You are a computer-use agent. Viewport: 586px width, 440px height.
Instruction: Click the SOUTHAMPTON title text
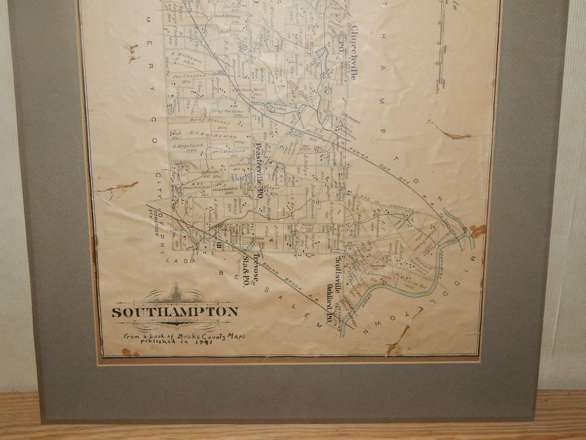[x=175, y=312]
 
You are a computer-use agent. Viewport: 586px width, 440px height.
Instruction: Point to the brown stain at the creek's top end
[x=477, y=231]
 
